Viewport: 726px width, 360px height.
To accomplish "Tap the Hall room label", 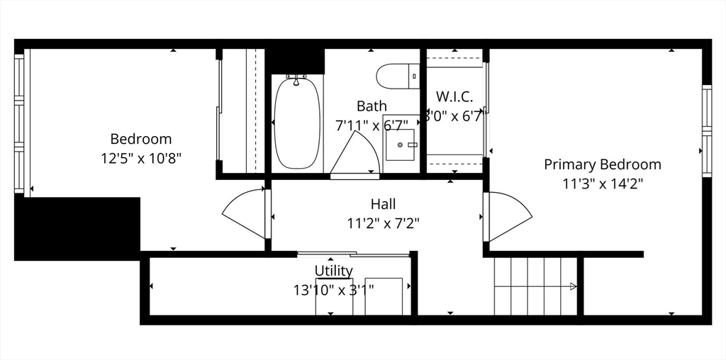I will [x=384, y=204].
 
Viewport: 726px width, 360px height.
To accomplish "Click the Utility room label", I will [x=333, y=271].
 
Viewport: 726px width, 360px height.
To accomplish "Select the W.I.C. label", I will [x=454, y=96].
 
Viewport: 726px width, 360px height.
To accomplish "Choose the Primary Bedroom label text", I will [x=602, y=164].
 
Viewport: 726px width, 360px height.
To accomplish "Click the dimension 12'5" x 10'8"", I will [x=141, y=157].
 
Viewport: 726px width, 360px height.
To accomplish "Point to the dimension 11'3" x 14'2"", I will [x=602, y=183].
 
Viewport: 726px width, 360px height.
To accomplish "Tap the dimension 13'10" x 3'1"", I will [x=333, y=289].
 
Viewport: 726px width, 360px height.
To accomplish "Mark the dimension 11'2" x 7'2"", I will [x=384, y=223].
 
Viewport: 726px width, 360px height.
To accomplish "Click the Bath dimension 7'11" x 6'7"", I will [x=372, y=125].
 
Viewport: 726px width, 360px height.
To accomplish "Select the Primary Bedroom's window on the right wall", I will [x=706, y=130].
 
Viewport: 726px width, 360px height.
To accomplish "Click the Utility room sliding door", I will [x=352, y=254].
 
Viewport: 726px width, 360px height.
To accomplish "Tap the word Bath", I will [x=372, y=106].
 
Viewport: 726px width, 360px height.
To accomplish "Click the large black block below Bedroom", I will [x=77, y=228].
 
